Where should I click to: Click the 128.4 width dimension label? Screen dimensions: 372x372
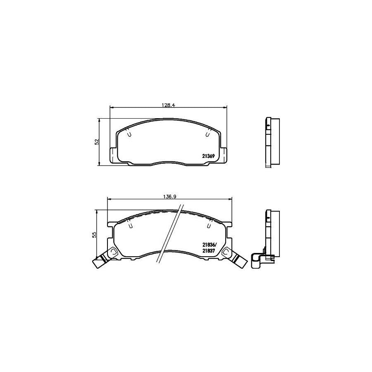169,105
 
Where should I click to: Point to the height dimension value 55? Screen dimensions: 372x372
94,234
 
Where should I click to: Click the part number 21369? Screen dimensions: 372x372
207,156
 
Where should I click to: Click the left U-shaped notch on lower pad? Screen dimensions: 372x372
130,225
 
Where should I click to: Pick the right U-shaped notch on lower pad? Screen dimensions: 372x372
209,225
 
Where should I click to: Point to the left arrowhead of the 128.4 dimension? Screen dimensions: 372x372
111,107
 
